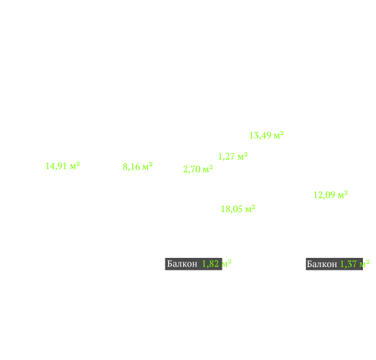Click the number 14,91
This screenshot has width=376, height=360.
tap(56, 166)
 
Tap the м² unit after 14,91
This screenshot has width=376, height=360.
tap(75, 166)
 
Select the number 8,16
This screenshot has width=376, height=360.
tap(131, 166)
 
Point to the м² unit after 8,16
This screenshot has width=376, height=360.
tap(148, 166)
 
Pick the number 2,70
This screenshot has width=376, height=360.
tap(192, 169)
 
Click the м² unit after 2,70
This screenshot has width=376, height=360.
tap(208, 169)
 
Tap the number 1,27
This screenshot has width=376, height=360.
tap(226, 156)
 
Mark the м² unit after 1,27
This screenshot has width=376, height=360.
tap(243, 156)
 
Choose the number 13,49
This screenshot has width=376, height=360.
tap(260, 135)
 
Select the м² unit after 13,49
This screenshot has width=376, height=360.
tap(279, 135)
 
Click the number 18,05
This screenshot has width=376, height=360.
tap(231, 209)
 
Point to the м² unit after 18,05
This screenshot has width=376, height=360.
tap(250, 209)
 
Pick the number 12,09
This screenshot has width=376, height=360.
tap(324, 195)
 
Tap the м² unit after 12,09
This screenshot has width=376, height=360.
tap(343, 194)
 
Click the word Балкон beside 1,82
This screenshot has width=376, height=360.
tap(182, 264)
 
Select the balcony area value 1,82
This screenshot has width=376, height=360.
tap(211, 264)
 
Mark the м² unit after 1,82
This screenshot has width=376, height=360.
tap(226, 264)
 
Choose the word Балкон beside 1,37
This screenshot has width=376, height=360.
tap(322, 264)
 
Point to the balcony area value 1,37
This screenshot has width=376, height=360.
tap(349, 264)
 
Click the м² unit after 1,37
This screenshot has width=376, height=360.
tap(364, 264)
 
